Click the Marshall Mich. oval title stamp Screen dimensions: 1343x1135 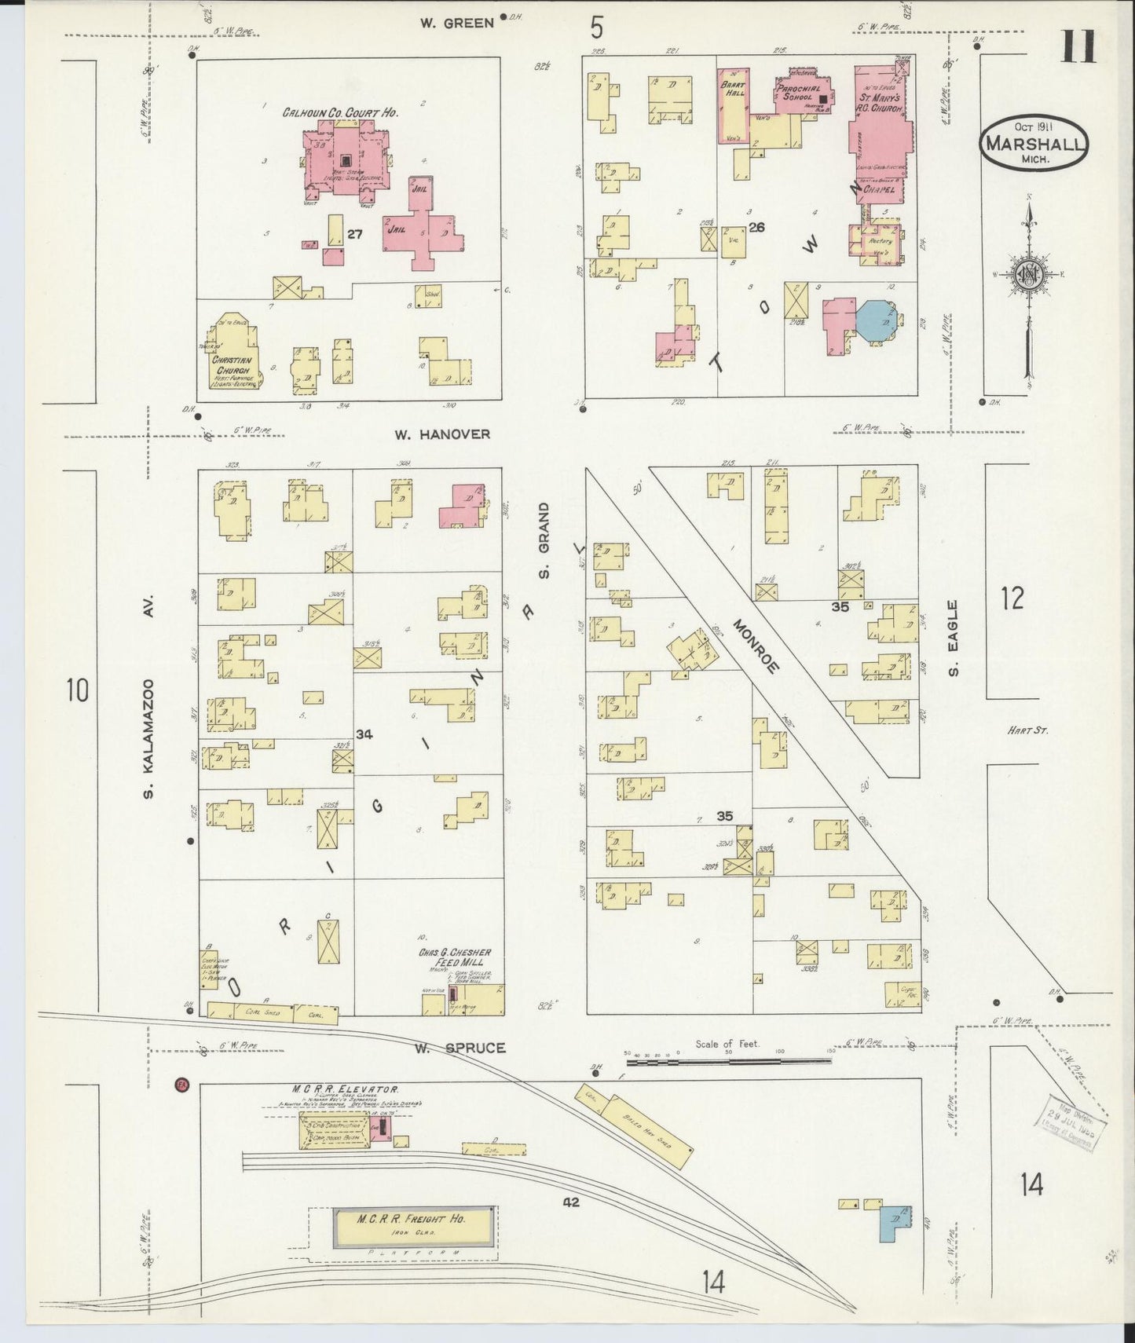coord(1033,143)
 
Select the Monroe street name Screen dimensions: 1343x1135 coord(756,646)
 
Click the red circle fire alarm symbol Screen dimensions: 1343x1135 coord(182,1085)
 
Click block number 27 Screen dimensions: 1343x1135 coord(354,234)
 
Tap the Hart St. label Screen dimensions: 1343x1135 coord(1028,730)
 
